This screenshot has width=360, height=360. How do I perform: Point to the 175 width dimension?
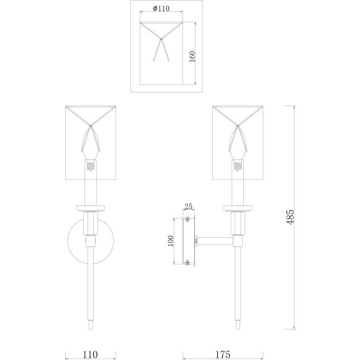point(223,355)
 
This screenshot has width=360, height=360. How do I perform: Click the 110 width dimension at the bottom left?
point(90,355)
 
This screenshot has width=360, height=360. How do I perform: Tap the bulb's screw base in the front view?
point(91,166)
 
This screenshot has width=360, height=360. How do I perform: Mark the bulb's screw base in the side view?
point(238,166)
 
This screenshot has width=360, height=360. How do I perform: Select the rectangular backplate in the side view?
point(188,241)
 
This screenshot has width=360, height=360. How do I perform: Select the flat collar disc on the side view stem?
point(238,208)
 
